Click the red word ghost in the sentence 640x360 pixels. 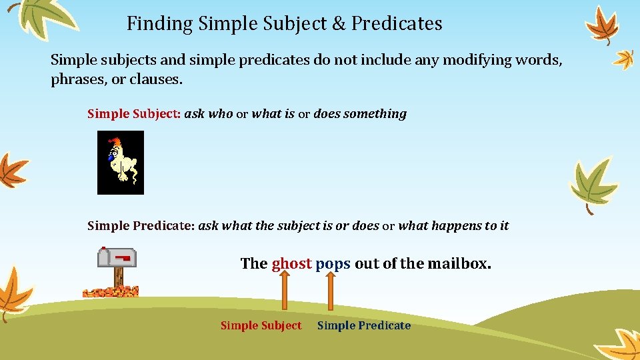coord(291,263)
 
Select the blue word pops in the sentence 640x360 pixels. coord(333,263)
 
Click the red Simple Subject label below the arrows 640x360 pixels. coord(261,325)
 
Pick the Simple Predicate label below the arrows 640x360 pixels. coord(363,325)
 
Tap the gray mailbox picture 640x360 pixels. coord(118,257)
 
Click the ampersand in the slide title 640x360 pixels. coord(338,24)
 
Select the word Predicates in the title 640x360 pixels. coord(397,24)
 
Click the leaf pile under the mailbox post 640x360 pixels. coord(111,291)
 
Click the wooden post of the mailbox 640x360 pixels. coord(118,277)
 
